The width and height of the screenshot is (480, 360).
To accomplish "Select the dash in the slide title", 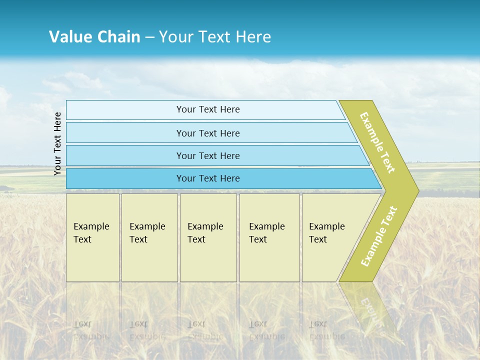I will pos(149,37).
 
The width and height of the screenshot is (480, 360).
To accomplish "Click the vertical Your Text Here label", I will pos(57,143).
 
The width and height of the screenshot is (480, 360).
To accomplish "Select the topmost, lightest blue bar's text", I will pos(208,109).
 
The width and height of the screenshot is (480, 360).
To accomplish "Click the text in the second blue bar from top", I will pos(208,133).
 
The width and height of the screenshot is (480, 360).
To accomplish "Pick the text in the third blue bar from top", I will pos(208,155).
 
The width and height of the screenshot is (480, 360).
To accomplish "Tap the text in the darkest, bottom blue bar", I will pos(208,178).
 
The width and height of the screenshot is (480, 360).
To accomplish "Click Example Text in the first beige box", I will pos(91,233).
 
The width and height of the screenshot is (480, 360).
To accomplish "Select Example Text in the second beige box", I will pos(147,233).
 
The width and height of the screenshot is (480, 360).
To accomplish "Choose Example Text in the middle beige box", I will pos(205,233).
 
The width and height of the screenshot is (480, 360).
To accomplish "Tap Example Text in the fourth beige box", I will pos(266,233).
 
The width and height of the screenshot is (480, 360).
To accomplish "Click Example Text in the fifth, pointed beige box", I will pos(326,233).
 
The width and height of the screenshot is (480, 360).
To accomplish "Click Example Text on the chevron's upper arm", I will pos(377,142).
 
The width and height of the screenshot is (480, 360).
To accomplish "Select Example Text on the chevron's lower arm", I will pos(379,236).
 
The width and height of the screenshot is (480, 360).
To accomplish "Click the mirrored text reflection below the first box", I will pos(91,330).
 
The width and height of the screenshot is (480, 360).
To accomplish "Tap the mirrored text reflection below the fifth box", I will pos(326,330).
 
